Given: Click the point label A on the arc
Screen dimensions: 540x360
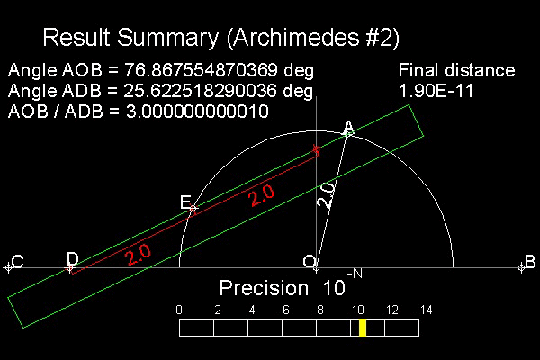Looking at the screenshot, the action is click(349, 128).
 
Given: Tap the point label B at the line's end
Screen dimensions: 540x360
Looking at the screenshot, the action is click(530, 262).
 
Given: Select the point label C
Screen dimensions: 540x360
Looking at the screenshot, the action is click(18, 262).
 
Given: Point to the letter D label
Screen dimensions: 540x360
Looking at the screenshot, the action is click(73, 258).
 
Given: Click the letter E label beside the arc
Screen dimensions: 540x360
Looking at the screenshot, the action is click(185, 202).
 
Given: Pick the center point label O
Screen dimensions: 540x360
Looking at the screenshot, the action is click(310, 262).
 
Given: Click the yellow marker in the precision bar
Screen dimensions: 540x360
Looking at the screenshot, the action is click(363, 328).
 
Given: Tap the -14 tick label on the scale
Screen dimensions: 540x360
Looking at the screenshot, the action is click(424, 310).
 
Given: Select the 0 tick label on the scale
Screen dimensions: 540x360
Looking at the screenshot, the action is click(179, 310).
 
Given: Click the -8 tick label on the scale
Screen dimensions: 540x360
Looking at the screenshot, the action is click(319, 310).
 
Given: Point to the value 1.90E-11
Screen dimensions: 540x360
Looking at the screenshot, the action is click(436, 91).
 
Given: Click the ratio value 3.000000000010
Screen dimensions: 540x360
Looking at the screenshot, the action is click(197, 112).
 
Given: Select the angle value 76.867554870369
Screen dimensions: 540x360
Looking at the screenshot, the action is click(201, 70).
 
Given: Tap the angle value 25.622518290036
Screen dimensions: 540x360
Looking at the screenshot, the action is click(200, 91).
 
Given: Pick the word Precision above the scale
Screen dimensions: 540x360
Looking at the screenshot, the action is click(264, 288).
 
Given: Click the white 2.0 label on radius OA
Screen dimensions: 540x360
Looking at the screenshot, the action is click(326, 195).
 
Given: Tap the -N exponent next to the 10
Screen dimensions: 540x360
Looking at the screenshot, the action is click(355, 274).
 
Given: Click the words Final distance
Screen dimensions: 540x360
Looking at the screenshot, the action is click(456, 70).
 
